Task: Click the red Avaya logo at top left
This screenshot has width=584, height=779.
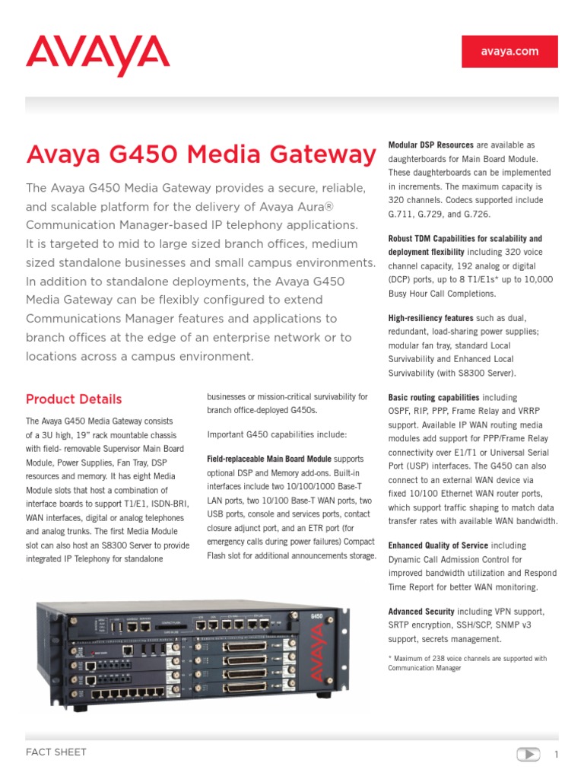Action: tap(97, 54)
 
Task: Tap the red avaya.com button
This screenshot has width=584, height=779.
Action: tap(509, 52)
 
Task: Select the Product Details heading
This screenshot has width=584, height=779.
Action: tap(74, 399)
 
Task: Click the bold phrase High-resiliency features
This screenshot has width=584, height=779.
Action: tap(430, 318)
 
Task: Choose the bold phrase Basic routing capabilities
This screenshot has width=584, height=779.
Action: tap(433, 397)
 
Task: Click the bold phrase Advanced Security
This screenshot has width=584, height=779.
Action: tap(421, 612)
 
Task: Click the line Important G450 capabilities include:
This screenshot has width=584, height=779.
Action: tap(277, 434)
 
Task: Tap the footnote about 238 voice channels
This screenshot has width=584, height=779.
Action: tap(467, 663)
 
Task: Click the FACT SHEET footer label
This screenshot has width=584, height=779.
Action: tap(56, 752)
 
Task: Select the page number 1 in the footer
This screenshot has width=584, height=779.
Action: tap(556, 755)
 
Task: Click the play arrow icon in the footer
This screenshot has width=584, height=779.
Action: tap(528, 755)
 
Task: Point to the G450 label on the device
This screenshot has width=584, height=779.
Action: tap(316, 615)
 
